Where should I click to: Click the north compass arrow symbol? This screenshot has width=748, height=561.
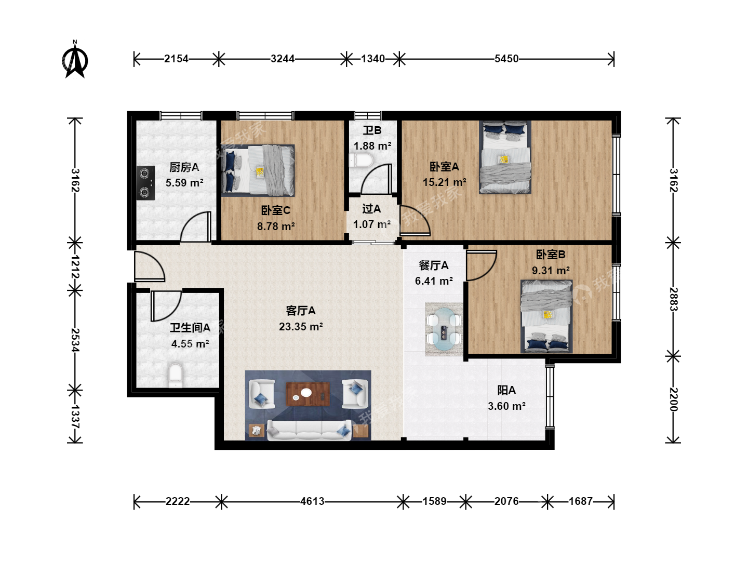(x=75, y=60)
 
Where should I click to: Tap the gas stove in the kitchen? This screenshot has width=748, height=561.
(x=145, y=183)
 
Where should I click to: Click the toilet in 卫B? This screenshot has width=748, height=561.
(x=361, y=161)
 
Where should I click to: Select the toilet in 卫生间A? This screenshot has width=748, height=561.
(x=176, y=376)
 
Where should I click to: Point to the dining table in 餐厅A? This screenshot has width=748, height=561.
(x=444, y=329)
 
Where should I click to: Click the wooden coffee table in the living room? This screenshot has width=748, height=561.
(x=308, y=394)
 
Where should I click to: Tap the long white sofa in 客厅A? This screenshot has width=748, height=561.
(x=309, y=430)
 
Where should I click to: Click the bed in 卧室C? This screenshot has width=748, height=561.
(x=258, y=170)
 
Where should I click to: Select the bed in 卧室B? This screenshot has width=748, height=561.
(x=546, y=316)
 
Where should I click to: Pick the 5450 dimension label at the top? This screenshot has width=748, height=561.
(x=506, y=59)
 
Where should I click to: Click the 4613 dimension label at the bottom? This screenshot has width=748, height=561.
(x=312, y=501)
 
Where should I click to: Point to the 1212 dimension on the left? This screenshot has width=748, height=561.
(x=75, y=266)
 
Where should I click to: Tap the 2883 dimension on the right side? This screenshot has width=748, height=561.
(x=673, y=299)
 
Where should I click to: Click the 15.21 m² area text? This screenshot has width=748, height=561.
(x=444, y=182)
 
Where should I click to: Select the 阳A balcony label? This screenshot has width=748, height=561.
(x=506, y=390)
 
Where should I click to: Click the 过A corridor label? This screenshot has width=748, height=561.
(x=371, y=209)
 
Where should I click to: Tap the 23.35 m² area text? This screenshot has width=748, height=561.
(x=301, y=327)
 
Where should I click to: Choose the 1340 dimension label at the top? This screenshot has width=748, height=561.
(x=373, y=59)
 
